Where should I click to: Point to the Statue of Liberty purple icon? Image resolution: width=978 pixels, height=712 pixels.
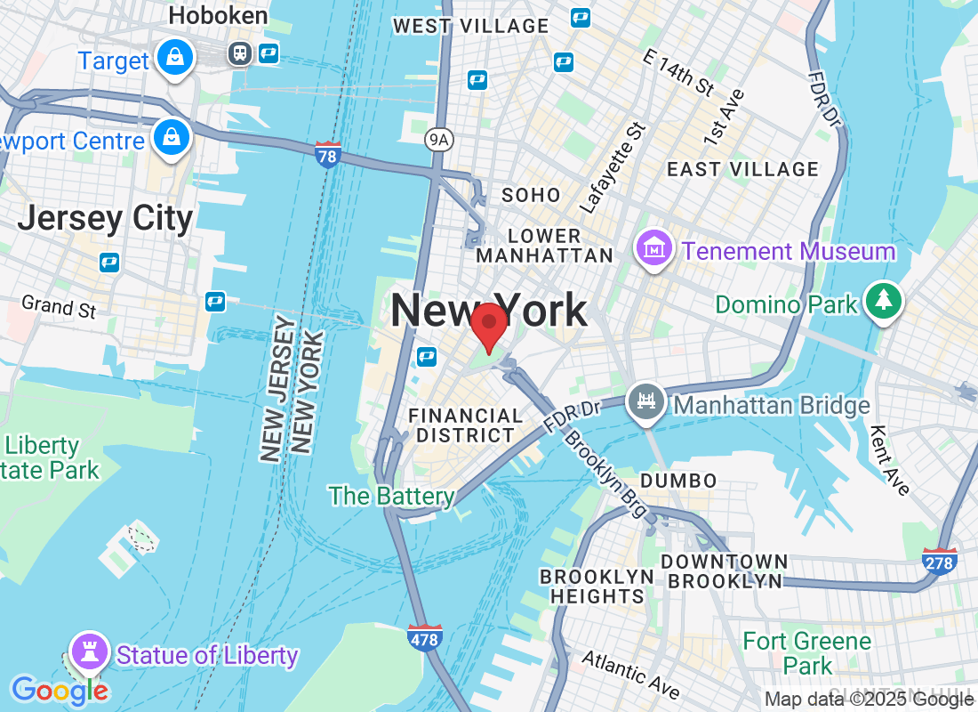(89, 652)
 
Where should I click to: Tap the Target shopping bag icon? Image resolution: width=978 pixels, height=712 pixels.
(175, 60)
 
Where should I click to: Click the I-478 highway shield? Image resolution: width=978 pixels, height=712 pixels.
(426, 637)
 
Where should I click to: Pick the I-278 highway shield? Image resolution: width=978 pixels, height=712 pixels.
(940, 562)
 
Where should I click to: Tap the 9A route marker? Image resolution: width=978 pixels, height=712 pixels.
(437, 139)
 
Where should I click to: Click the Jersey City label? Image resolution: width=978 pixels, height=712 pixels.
(105, 218)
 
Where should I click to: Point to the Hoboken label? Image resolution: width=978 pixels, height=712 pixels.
(218, 16)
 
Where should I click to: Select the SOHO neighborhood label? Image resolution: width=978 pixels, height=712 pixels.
(531, 195)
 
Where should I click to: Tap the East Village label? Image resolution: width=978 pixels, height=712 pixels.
(742, 169)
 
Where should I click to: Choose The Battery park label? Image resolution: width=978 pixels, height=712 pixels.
(391, 496)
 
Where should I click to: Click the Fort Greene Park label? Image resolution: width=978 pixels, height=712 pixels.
(807, 652)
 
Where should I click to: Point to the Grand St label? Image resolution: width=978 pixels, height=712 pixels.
(59, 306)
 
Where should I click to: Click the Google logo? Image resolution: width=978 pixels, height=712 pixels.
(60, 690)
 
